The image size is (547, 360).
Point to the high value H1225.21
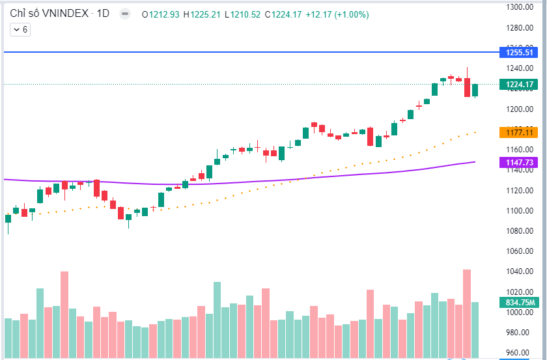point(203,14)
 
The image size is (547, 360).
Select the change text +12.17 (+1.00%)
point(334,14)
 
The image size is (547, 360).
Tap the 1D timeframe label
point(103,14)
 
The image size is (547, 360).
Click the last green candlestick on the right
point(475,90)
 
